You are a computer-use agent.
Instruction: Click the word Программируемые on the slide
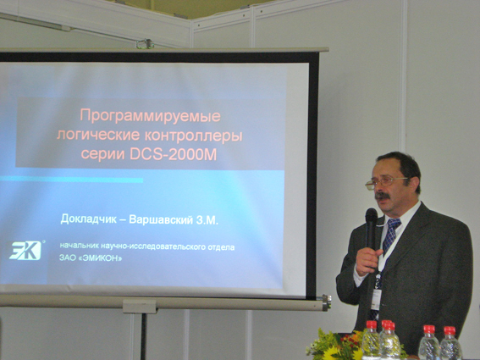150,117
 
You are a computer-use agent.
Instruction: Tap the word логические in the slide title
98,136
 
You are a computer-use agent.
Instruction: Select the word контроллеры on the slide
194,136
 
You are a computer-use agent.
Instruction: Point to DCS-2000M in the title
174,154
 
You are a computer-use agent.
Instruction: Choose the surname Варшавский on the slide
161,219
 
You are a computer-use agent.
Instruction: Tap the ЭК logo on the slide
25,251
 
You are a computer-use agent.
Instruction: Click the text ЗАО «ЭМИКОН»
91,258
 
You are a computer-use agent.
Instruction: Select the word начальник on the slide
78,246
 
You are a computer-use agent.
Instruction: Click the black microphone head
372,216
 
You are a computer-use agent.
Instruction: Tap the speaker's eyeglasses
385,182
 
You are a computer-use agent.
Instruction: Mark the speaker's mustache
383,196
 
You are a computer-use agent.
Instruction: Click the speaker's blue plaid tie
390,236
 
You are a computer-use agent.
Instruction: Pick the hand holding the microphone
368,260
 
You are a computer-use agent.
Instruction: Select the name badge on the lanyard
376,299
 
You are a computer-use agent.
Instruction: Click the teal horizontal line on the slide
72,180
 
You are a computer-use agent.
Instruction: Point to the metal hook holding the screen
145,44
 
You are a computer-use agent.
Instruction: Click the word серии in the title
102,154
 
